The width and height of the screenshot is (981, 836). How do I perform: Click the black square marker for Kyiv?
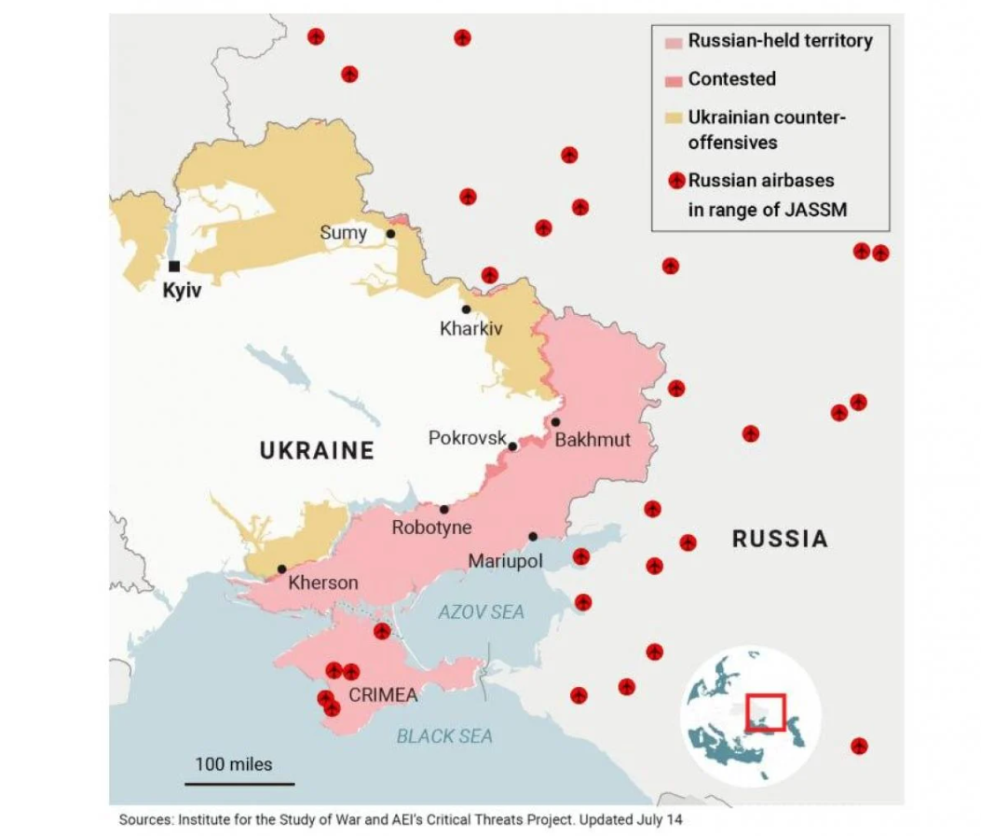click(174, 267)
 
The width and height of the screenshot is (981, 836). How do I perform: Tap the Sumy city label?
click(343, 233)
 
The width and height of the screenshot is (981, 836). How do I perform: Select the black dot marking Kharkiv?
click(466, 309)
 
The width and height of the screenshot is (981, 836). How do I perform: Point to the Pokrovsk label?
click(467, 437)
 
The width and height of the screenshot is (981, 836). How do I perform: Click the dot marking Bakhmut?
click(555, 422)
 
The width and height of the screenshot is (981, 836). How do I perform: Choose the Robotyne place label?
click(431, 528)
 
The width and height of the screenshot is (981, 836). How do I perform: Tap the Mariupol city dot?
click(533, 537)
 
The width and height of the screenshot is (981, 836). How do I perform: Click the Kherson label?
click(323, 583)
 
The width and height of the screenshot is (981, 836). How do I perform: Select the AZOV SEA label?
click(481, 612)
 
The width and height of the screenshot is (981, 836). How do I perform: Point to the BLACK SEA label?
click(444, 736)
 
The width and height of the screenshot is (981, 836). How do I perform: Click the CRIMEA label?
click(383, 695)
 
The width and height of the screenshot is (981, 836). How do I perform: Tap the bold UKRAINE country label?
click(317, 451)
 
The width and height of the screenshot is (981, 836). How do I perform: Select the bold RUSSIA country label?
click(780, 539)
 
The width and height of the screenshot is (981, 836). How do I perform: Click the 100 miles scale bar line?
click(239, 784)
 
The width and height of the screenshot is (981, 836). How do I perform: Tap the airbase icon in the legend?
click(679, 181)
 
